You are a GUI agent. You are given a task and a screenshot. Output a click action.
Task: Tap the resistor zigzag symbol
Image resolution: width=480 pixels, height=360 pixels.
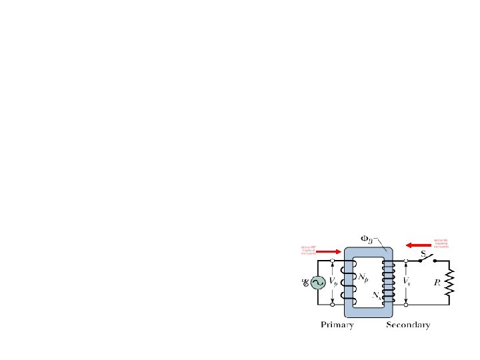450,282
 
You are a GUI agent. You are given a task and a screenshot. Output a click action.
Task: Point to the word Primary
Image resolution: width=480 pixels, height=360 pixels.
337,325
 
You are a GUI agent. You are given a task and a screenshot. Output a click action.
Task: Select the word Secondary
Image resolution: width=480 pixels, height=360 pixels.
408,325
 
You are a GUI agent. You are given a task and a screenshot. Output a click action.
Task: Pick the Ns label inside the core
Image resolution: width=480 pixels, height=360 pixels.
377,294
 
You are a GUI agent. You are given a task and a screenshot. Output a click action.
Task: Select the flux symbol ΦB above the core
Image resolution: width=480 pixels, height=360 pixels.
368,237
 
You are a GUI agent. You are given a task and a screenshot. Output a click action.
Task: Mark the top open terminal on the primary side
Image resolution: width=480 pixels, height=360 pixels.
333,261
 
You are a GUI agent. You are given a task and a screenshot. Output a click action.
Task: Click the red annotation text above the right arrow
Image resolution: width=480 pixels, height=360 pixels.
441,243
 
